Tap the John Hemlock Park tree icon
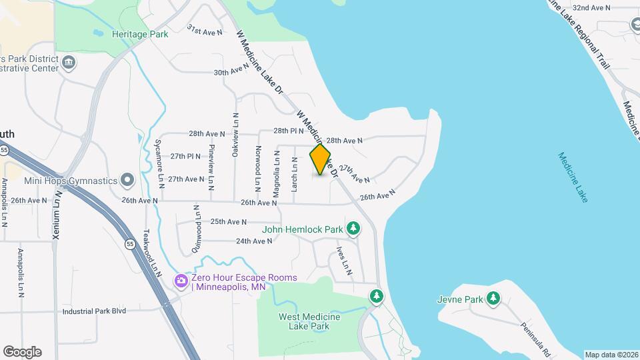(x=353, y=229)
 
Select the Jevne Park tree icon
(x=493, y=299)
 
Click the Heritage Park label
(x=140, y=34)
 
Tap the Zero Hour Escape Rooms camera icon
(x=181, y=281)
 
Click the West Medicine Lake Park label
(x=309, y=321)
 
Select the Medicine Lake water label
(x=573, y=177)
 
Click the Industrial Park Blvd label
(x=94, y=311)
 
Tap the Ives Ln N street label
(x=344, y=261)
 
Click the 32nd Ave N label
(x=592, y=8)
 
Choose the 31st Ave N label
(x=204, y=31)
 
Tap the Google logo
(x=22, y=351)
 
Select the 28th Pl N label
(x=289, y=131)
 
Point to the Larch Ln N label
(x=294, y=175)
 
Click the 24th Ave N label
(x=254, y=241)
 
